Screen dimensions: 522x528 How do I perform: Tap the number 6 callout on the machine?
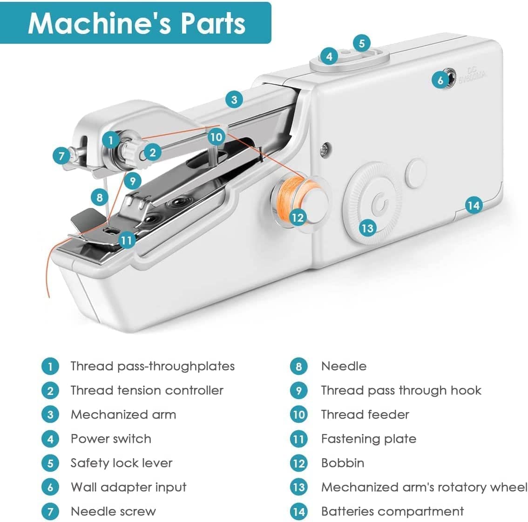[x=440, y=80]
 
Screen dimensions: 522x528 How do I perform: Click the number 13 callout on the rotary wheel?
[x=367, y=228]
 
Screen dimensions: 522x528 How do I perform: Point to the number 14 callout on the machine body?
[x=473, y=205]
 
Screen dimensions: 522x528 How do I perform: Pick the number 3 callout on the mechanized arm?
[x=234, y=99]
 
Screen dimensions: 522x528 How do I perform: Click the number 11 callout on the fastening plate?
[x=127, y=240]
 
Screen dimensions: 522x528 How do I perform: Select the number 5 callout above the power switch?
[x=361, y=43]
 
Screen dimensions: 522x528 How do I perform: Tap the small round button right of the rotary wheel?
[x=416, y=172]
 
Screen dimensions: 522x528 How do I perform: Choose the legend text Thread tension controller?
[x=147, y=390]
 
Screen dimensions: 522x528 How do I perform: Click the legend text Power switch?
[x=111, y=439]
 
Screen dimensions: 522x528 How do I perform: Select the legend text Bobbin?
[x=343, y=463]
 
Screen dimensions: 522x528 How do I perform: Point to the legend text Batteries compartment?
[x=392, y=511]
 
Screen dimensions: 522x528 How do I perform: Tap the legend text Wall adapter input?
[x=128, y=487]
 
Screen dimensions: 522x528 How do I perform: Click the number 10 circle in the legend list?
[x=298, y=414]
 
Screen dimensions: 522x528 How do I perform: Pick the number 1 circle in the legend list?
[x=50, y=366]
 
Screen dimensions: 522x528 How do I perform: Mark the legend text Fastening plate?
[x=368, y=439]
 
